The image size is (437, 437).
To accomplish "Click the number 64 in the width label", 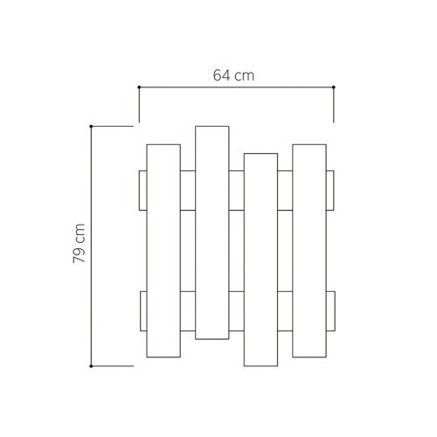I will click(x=223, y=75).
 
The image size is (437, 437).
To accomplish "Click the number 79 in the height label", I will click(x=80, y=253).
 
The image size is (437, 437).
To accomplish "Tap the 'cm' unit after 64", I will click(x=246, y=75).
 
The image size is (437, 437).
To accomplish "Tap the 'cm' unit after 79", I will click(x=80, y=232).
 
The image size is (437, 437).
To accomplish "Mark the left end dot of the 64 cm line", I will click(x=139, y=87).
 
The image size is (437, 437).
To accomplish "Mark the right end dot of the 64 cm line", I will click(x=334, y=87).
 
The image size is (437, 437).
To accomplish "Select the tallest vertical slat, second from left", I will click(x=212, y=232).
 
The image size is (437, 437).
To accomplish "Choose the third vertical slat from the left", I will click(x=261, y=260).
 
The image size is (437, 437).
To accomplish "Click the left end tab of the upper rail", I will click(x=142, y=191).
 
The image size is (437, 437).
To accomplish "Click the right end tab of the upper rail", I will click(x=330, y=191).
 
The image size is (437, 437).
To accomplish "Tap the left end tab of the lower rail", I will click(x=142, y=311).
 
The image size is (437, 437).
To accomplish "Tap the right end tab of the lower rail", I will click(x=330, y=311).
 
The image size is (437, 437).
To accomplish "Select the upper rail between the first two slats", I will click(x=187, y=191).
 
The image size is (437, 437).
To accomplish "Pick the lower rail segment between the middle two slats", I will click(x=237, y=311).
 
